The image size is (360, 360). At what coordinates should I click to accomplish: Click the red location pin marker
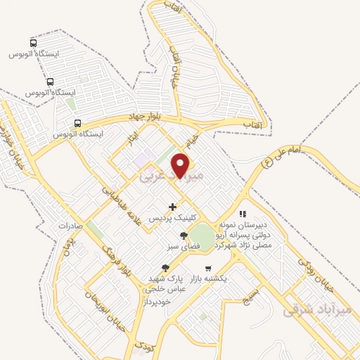point(181,165)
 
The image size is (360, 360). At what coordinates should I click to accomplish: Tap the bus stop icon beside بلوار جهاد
point(77,123)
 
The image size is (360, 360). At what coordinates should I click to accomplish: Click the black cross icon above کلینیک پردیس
point(172,207)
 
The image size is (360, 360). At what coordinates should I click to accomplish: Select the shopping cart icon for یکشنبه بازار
point(208,268)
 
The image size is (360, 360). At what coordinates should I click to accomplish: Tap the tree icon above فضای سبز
point(184,236)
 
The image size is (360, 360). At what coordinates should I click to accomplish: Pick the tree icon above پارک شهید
point(165,267)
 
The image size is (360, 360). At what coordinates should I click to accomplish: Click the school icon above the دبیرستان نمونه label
point(243,213)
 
